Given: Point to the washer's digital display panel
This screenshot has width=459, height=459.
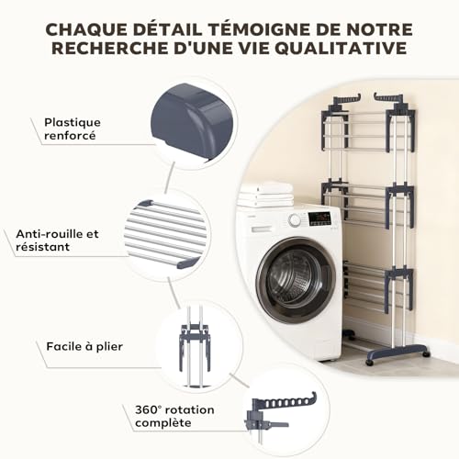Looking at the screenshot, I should pyautogui.click(x=319, y=218).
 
